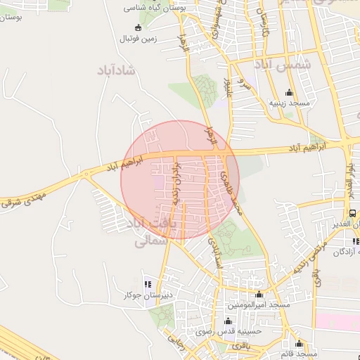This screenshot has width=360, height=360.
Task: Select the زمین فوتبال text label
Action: tap(137, 40)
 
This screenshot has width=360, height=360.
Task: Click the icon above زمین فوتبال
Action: tap(138, 28)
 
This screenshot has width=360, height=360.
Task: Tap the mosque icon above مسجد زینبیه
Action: tap(290, 92)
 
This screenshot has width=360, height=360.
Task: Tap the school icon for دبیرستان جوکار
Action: tap(148, 284)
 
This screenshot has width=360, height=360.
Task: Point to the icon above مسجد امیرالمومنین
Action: tap(259, 295)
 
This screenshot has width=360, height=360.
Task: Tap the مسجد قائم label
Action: tap(300, 354)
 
